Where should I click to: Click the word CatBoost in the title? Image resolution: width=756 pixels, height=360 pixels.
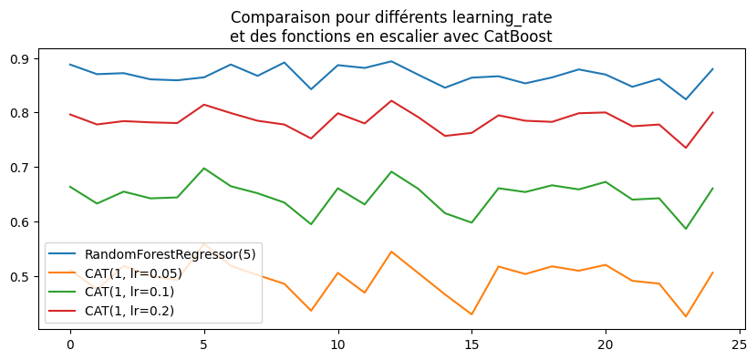(x=520, y=36)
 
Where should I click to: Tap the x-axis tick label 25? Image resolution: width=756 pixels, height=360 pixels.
(x=739, y=346)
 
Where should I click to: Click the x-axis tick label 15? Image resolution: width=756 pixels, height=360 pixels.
(x=471, y=346)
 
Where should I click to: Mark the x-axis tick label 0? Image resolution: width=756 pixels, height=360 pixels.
(x=69, y=346)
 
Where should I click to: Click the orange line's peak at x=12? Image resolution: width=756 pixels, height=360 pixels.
(x=391, y=252)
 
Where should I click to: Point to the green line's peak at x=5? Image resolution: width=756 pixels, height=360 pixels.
(x=203, y=168)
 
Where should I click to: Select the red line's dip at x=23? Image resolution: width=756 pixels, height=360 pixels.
(x=686, y=148)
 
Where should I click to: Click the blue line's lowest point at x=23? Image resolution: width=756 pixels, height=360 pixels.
(x=686, y=99)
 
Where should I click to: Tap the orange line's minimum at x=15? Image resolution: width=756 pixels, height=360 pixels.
(x=471, y=314)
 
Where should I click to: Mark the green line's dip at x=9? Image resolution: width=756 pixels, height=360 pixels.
(x=311, y=224)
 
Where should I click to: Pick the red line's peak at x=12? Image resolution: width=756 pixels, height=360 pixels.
(x=391, y=100)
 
